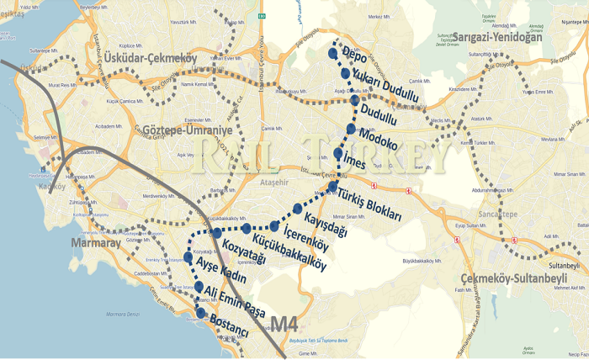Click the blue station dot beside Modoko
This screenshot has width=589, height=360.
point(351,129)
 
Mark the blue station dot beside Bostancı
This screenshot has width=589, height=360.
point(200,314)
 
